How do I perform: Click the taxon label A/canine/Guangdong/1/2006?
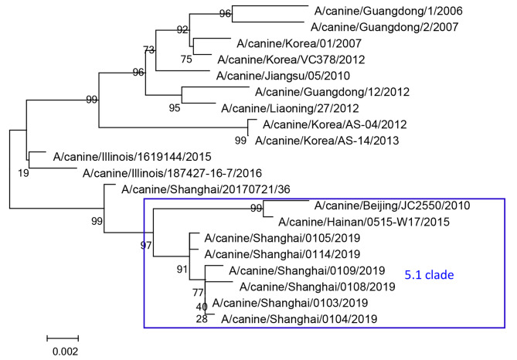[389, 11]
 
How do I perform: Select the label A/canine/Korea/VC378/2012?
[291, 59]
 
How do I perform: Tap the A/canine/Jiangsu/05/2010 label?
[283, 76]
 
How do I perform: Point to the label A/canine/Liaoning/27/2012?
[290, 108]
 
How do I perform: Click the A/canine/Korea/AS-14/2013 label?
[327, 141]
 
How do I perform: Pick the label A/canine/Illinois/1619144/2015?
[132, 157]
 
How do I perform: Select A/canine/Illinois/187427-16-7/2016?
[172, 173]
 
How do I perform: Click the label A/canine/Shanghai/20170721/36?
[206, 189]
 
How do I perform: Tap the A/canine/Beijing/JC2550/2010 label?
[392, 205]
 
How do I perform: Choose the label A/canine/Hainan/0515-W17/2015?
[364, 222]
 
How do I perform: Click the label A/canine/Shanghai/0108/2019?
[317, 287]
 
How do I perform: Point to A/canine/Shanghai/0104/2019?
[299, 319]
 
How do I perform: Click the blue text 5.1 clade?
[429, 275]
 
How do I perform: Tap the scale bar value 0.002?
[65, 352]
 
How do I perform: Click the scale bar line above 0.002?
[63, 338]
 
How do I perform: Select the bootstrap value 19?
[23, 173]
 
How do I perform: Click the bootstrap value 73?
[148, 49]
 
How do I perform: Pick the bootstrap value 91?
[182, 270]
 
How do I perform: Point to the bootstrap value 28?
[202, 319]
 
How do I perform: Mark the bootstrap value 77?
[198, 293]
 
